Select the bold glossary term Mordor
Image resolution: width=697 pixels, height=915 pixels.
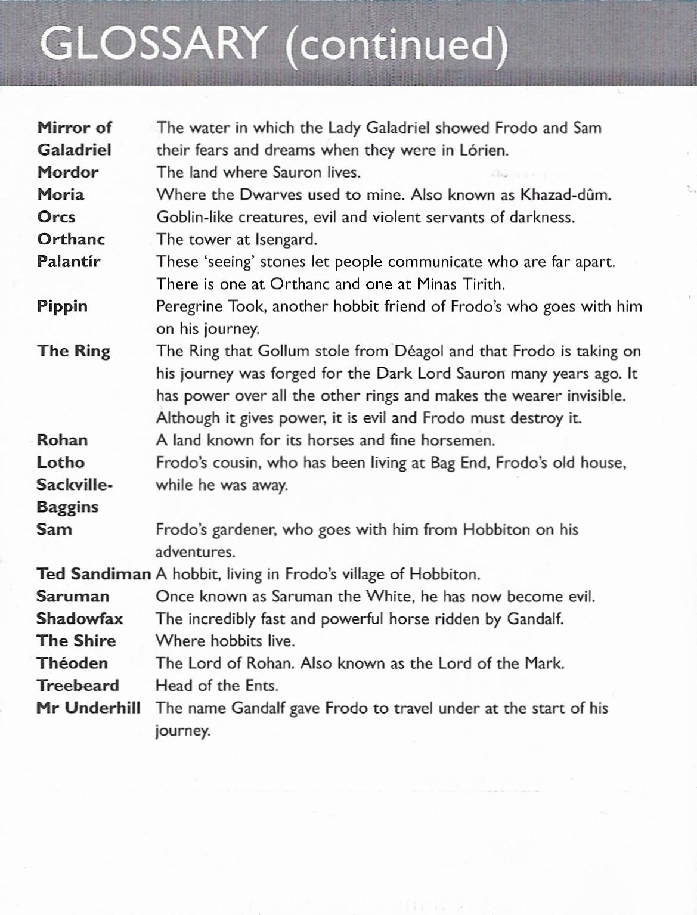coord(67,172)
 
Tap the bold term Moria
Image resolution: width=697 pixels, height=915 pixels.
coord(60,195)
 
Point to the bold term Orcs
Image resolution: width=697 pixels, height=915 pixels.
coord(56,217)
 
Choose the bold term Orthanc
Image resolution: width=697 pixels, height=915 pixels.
coord(71,239)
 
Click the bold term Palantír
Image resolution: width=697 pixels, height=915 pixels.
coord(69,262)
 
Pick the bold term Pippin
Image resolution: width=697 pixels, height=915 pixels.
coord(62,306)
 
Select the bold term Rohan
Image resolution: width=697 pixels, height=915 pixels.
coord(62,440)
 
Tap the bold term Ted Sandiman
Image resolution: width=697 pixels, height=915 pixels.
coord(93,574)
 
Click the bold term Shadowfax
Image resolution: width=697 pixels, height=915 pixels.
coord(79,619)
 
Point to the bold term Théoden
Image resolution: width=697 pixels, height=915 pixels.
coord(72,663)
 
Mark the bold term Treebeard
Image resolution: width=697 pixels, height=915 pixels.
coord(78,686)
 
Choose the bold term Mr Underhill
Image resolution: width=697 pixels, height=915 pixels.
coord(88,708)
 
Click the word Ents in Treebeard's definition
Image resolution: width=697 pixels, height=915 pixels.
coord(261,686)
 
